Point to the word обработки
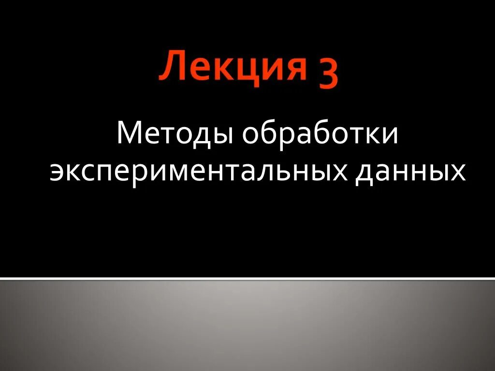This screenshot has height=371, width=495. (320, 134)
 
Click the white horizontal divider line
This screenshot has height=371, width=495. (247, 278)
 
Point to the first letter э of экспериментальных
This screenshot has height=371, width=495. (57, 172)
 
